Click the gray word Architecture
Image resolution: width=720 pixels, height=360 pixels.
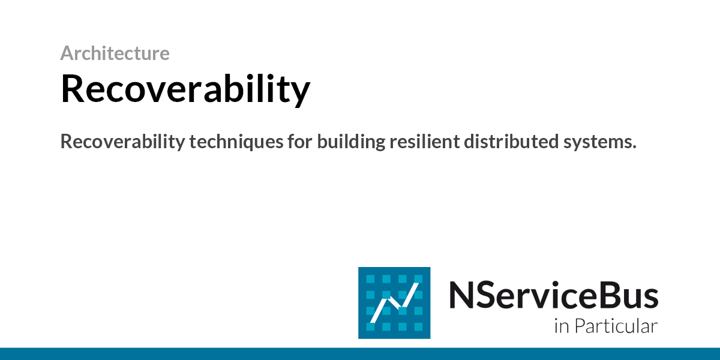pyautogui.click(x=115, y=53)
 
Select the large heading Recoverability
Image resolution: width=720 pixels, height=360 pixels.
pyautogui.click(x=185, y=89)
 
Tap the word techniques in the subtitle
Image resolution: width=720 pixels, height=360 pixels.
pyautogui.click(x=236, y=142)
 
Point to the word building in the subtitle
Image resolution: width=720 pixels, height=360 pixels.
pyautogui.click(x=351, y=142)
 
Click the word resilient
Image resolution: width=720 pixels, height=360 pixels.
pyautogui.click(x=424, y=142)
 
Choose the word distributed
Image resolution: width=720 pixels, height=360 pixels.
pyautogui.click(x=511, y=142)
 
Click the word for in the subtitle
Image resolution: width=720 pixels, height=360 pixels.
pyautogui.click(x=300, y=142)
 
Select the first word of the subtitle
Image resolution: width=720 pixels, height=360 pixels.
pyautogui.click(x=122, y=142)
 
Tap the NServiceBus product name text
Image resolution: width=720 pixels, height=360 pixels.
pyautogui.click(x=553, y=295)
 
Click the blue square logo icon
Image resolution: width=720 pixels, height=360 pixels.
pyautogui.click(x=394, y=303)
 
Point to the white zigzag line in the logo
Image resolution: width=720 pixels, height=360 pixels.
pyautogui.click(x=394, y=303)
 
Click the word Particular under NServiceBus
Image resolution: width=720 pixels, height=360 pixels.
pyautogui.click(x=616, y=326)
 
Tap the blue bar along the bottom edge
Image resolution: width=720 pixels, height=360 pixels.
pyautogui.click(x=360, y=353)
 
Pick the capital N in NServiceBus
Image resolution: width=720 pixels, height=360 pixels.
pyautogui.click(x=461, y=295)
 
